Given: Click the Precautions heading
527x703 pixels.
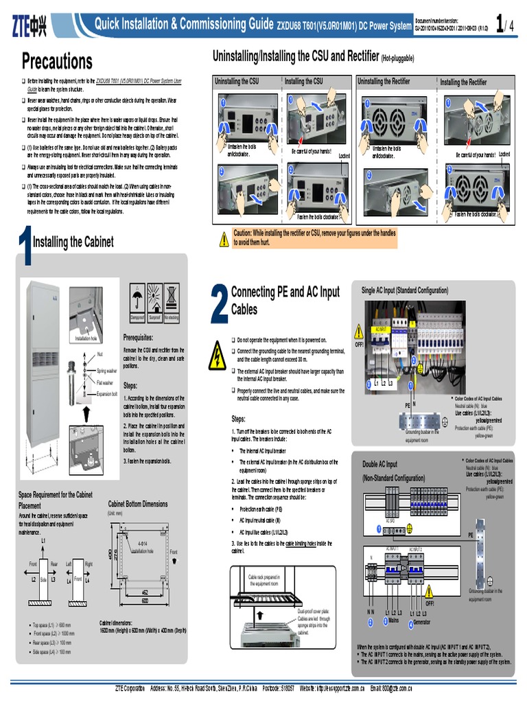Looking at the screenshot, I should [x=57, y=61].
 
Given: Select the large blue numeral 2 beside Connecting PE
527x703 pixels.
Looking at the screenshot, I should [x=219, y=303].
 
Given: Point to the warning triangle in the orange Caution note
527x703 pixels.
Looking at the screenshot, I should [x=224, y=239].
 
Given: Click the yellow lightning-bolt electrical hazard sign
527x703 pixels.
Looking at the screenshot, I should [x=218, y=356].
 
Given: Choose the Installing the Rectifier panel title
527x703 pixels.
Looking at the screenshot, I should [x=463, y=82].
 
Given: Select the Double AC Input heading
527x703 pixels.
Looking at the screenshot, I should [x=379, y=465].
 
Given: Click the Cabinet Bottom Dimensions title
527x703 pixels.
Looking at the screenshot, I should [x=138, y=504].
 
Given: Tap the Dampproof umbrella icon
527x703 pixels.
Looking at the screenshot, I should [x=137, y=300].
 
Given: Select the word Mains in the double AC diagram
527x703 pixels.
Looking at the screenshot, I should [x=393, y=620].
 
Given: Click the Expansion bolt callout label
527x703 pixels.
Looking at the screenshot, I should [x=107, y=394].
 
